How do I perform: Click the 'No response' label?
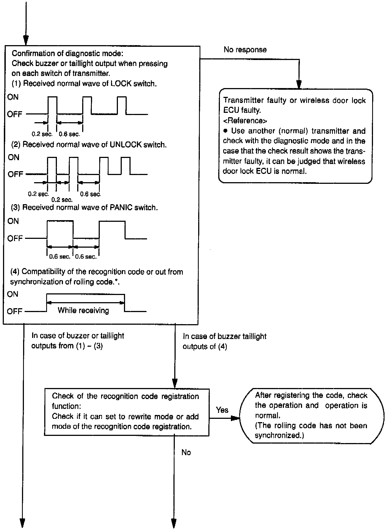(x=245, y=50)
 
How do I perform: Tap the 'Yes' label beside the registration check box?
(x=222, y=410)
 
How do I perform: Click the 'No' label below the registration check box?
(x=186, y=452)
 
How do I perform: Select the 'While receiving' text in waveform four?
(x=83, y=311)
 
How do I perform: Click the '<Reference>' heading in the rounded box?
(x=245, y=121)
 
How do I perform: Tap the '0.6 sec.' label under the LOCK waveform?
(x=70, y=134)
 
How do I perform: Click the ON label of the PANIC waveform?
(x=13, y=221)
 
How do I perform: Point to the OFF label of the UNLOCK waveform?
(x=15, y=174)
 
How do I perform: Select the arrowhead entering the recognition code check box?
(x=175, y=383)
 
